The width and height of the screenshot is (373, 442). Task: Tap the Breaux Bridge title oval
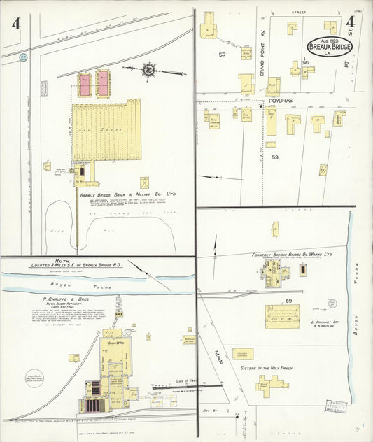click(330, 47)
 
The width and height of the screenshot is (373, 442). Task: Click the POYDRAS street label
click(281, 101)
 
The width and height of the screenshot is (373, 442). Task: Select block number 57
click(222, 54)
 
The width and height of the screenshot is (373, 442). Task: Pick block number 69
click(288, 300)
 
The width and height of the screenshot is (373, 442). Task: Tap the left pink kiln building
click(85, 84)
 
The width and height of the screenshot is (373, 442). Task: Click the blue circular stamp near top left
click(23, 56)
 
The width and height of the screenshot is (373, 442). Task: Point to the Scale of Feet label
click(193, 378)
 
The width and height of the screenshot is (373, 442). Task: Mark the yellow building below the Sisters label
click(272, 383)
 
